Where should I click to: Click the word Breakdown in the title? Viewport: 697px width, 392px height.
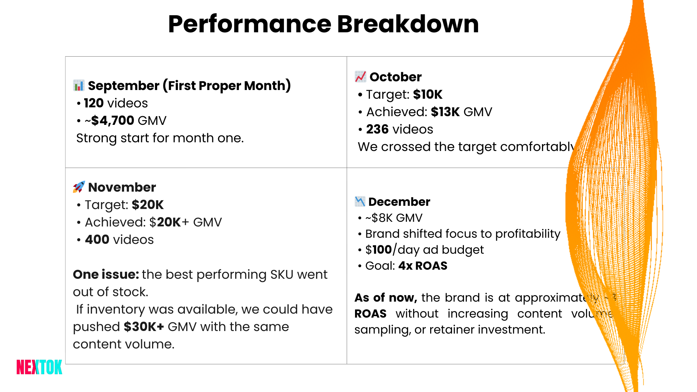pos(408,24)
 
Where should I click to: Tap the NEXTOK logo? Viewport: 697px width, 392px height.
pos(39,367)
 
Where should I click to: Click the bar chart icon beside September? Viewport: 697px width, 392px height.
pos(79,86)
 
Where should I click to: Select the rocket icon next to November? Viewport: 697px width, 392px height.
pos(79,187)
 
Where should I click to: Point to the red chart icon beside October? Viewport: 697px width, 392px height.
pos(360,77)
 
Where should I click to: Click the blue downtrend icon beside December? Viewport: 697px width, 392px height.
pos(360,201)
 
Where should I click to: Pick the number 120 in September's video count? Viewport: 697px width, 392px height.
pos(94,103)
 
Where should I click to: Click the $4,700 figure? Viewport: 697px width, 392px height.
pos(113,121)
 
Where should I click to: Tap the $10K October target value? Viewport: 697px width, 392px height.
pos(428,94)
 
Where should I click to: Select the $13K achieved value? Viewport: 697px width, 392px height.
pos(445,112)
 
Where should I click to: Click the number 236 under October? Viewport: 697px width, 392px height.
pos(377,129)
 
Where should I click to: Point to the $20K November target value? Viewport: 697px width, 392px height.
pos(147,205)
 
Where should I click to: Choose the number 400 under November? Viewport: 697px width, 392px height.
pos(97,240)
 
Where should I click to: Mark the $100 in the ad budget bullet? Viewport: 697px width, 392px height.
pos(379,250)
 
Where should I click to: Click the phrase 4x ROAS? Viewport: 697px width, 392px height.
pos(423,266)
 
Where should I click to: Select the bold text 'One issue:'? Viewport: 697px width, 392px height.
pos(106,274)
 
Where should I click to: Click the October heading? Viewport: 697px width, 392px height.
pos(395,77)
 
